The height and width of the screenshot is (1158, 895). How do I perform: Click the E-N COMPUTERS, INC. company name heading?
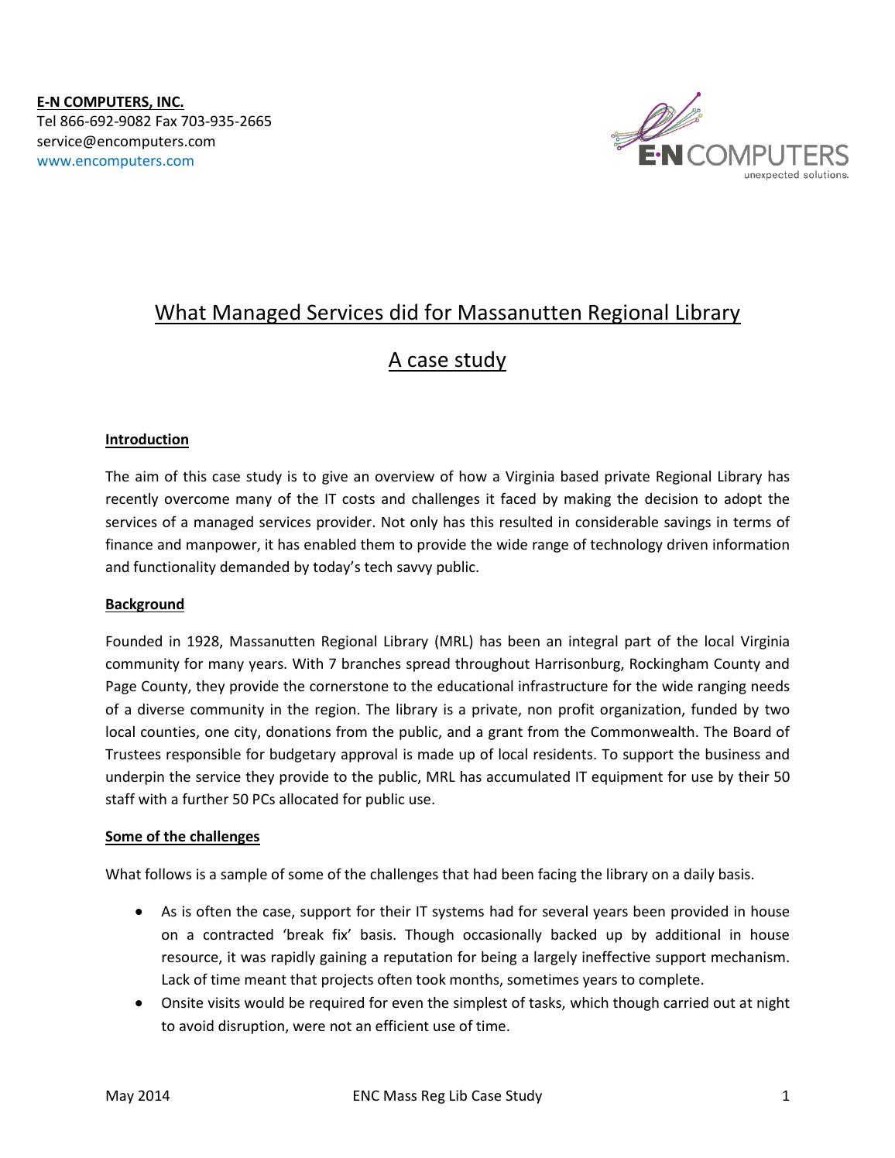coord(110,101)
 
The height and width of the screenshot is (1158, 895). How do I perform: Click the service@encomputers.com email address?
coord(126,141)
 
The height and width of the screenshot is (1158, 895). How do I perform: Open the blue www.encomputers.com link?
coord(115,161)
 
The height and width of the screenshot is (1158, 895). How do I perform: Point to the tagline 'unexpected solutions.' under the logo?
coord(796,176)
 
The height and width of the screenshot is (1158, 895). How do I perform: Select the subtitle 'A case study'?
coord(447,360)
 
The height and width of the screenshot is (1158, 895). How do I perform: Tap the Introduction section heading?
coord(147,440)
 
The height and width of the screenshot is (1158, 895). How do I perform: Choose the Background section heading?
coord(145,605)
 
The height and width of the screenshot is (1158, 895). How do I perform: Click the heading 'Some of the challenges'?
coord(182,837)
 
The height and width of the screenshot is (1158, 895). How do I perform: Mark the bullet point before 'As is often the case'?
coord(139,913)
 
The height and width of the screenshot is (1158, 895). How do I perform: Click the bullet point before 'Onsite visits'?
coord(139,1003)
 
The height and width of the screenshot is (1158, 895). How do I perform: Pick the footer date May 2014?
coord(138,1095)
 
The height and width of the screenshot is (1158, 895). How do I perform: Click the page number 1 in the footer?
coord(786,1095)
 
